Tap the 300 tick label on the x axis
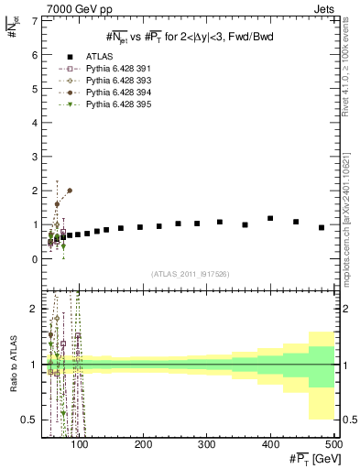pos(207,444)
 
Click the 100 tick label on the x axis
pos(81,444)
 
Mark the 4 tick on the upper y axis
pos(34,123)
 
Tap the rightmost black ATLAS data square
pos(322,227)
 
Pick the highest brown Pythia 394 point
pos(70,191)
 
